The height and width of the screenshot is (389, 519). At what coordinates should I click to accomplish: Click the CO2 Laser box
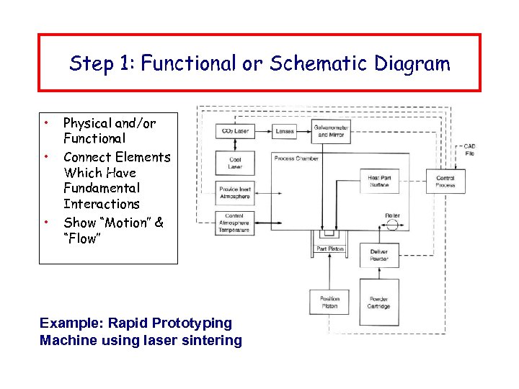click(235, 131)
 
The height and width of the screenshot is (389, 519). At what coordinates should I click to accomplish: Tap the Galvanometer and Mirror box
click(331, 131)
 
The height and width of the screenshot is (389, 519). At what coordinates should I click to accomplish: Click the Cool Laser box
click(235, 163)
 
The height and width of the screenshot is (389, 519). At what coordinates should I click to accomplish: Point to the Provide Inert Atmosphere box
click(235, 192)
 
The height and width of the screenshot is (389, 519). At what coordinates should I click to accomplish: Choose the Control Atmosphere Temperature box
click(235, 223)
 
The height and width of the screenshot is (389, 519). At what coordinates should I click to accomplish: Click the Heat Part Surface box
click(378, 182)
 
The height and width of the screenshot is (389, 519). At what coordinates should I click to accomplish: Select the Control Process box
click(445, 182)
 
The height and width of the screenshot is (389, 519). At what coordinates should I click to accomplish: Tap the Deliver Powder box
click(378, 255)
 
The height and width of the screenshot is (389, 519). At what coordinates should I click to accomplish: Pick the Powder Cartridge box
click(378, 303)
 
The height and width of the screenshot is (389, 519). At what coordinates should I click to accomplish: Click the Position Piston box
click(329, 303)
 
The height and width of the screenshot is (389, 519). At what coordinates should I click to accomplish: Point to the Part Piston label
click(331, 249)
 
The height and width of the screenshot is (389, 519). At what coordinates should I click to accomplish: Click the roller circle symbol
click(392, 225)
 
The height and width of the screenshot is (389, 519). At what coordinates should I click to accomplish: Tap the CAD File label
click(469, 150)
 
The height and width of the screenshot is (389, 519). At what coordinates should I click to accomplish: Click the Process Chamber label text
click(296, 158)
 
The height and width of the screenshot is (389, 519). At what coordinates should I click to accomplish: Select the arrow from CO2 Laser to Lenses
click(263, 131)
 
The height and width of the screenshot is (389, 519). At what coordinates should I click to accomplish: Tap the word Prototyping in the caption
click(188, 323)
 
